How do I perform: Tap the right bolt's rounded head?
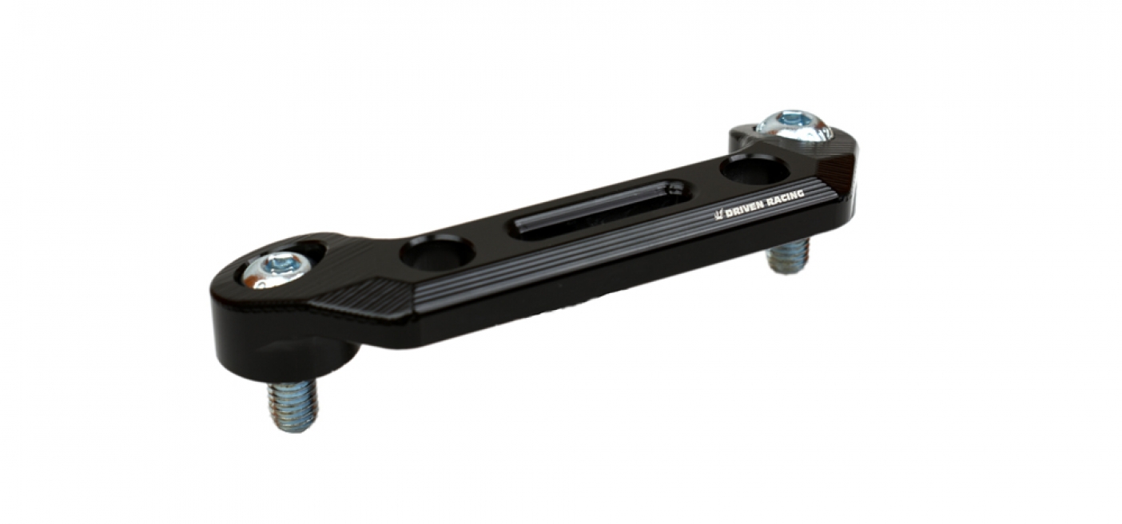(793, 128)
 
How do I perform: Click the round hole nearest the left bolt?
(437, 252)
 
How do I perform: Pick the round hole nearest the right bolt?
(755, 169)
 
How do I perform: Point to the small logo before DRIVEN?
(718, 215)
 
